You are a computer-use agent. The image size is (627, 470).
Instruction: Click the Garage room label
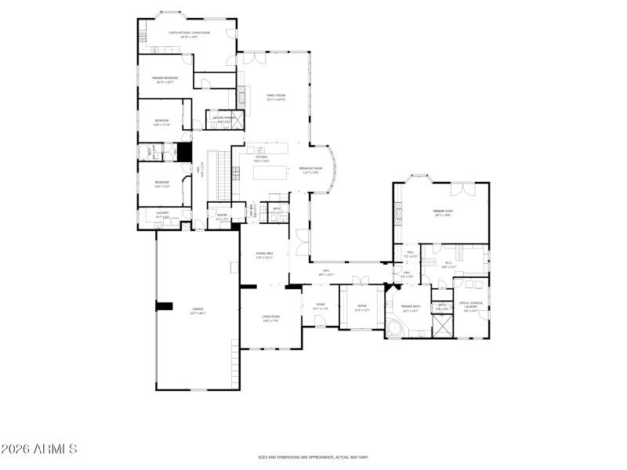[x=197, y=311]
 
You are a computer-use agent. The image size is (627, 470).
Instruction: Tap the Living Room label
[x=271, y=317]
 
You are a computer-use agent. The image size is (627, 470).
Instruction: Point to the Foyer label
[x=321, y=306]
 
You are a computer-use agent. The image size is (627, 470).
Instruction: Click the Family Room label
[x=275, y=97]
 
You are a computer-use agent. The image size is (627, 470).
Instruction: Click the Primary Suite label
[x=443, y=212]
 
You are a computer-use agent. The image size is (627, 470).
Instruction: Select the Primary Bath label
[x=411, y=308]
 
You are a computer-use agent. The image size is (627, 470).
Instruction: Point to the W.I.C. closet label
[x=448, y=265]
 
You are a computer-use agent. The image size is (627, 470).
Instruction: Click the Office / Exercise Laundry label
[x=471, y=305]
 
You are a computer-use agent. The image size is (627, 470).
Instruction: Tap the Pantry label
[x=222, y=219]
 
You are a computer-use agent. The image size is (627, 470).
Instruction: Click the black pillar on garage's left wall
[x=165, y=306]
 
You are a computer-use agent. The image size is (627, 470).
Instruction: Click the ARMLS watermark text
[x=39, y=449]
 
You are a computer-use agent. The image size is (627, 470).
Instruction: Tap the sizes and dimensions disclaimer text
[x=313, y=457]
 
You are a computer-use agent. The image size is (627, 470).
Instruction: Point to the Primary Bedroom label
[x=165, y=79]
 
